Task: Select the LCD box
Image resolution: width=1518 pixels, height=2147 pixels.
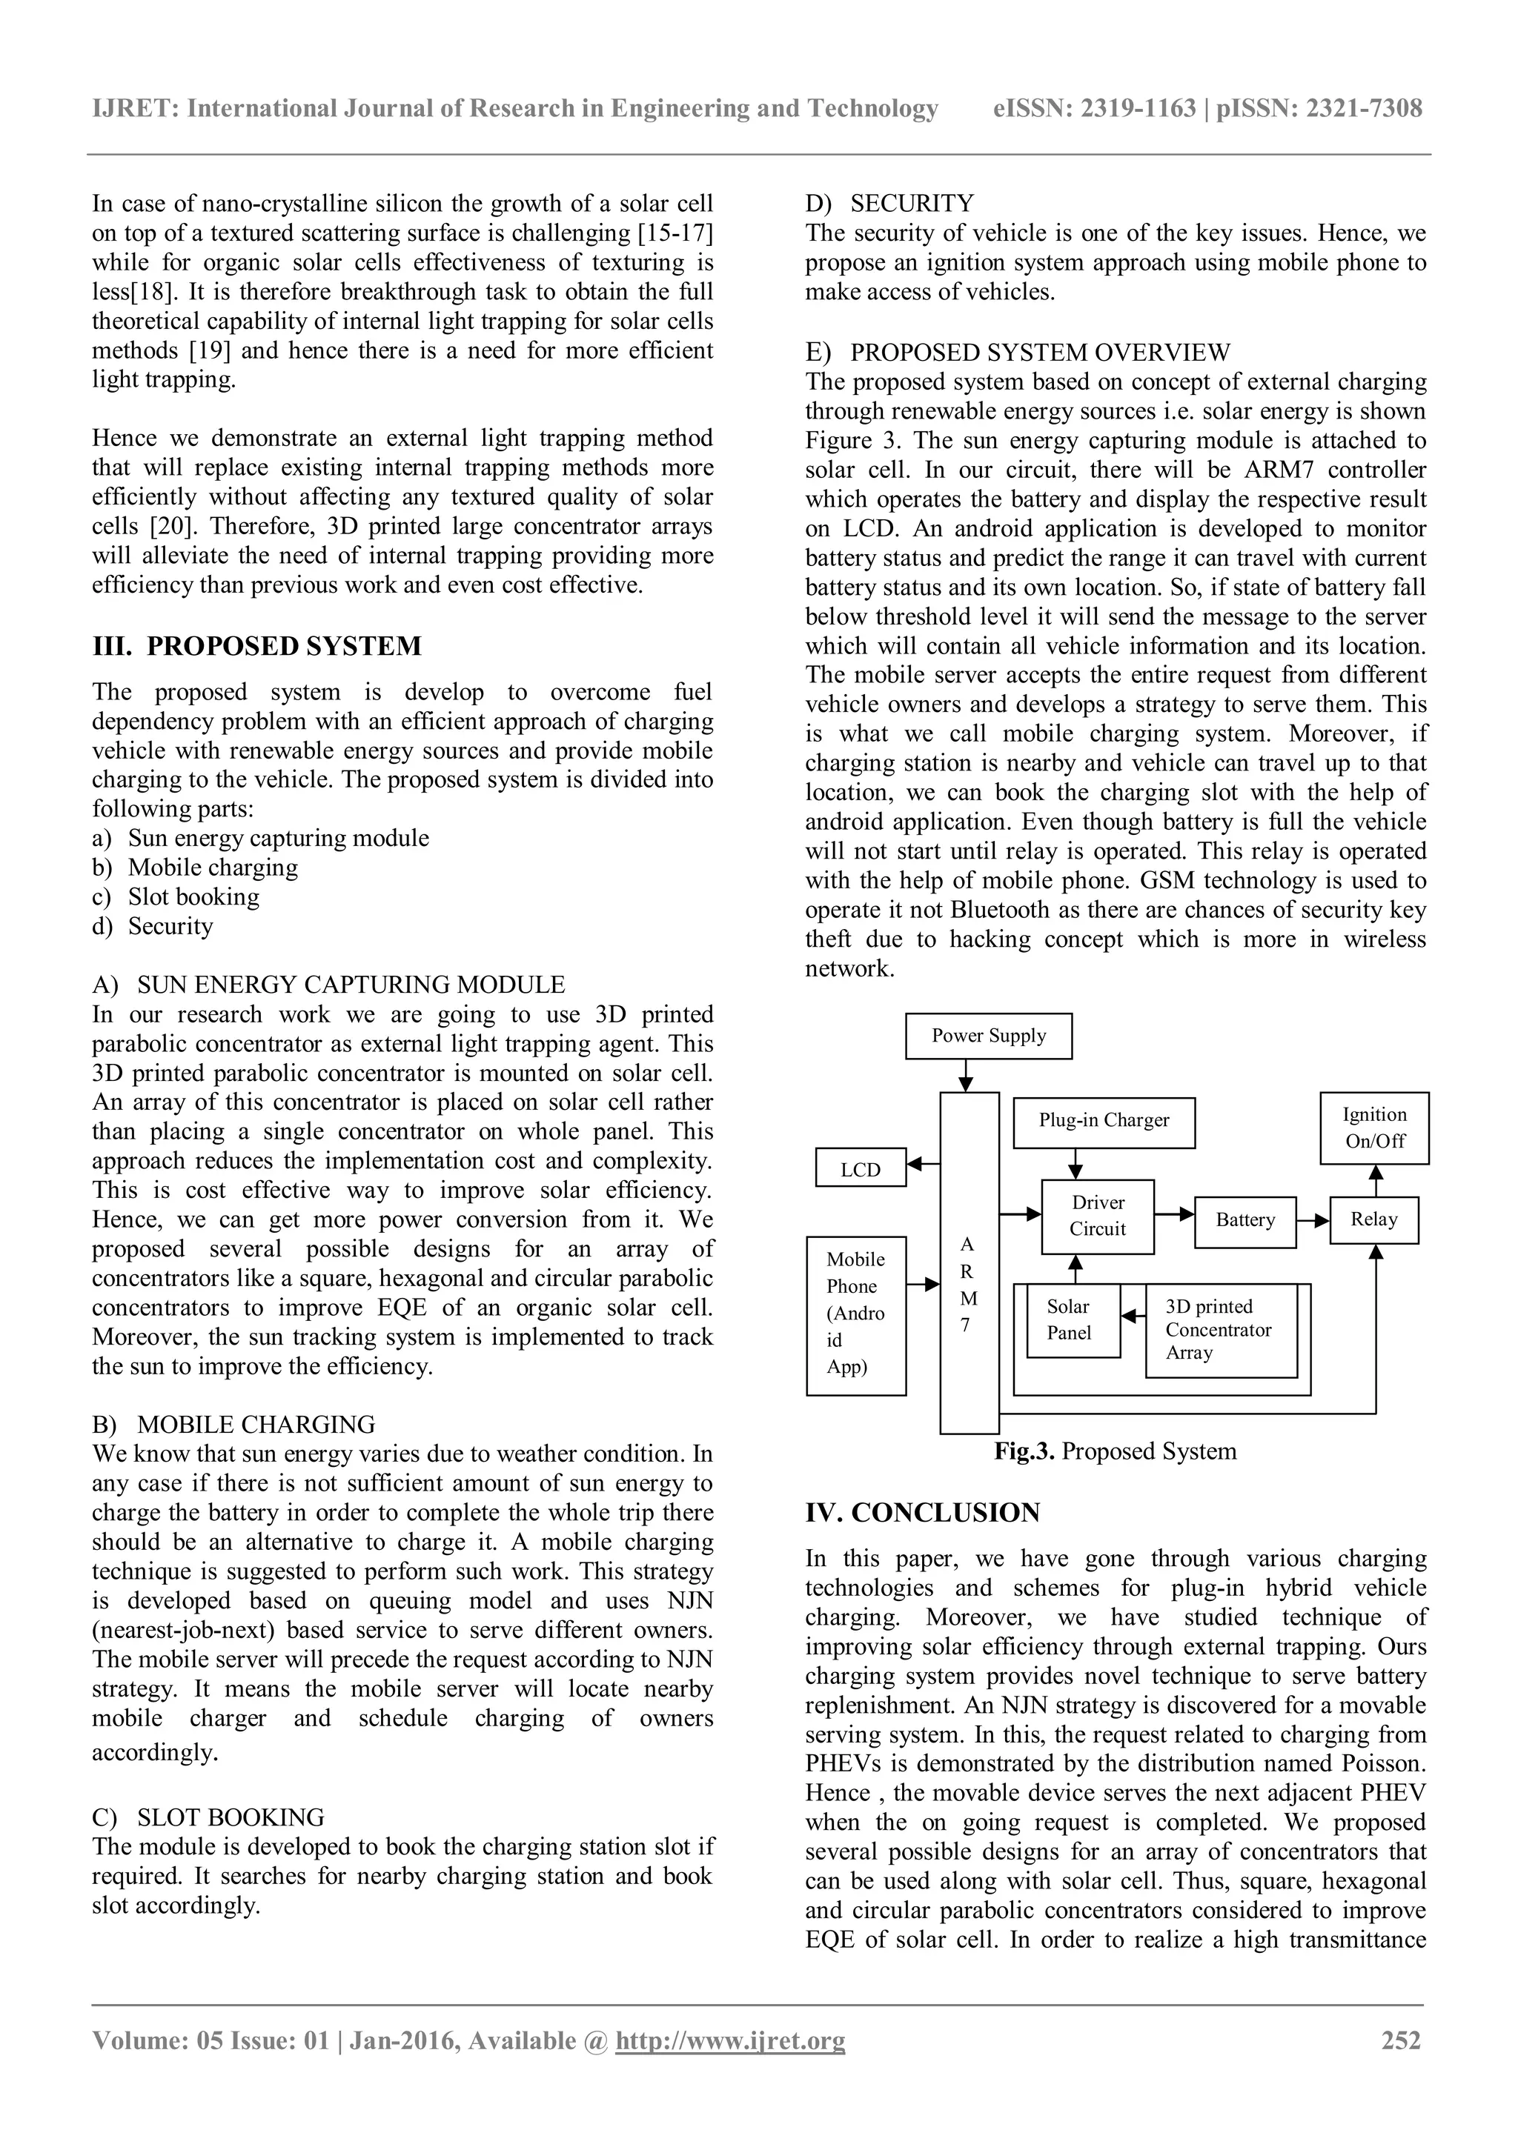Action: tap(860, 1168)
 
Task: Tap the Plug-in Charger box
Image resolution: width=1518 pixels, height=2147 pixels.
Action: tap(1104, 1121)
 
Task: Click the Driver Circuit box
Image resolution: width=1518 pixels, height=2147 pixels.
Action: tap(1097, 1216)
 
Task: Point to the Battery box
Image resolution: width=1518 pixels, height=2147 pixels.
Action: tap(1245, 1220)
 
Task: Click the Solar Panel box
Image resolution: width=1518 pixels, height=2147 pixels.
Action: tap(1072, 1320)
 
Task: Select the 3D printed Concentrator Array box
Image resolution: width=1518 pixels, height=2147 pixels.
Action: tap(1221, 1329)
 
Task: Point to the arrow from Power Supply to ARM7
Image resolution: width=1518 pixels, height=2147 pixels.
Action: tap(967, 1076)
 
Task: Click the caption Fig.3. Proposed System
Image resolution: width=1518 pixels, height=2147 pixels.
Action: tap(1115, 1451)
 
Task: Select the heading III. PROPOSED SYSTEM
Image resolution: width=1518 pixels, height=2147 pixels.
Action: tap(256, 646)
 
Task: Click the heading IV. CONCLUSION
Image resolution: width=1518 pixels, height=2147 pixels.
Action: tap(922, 1513)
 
